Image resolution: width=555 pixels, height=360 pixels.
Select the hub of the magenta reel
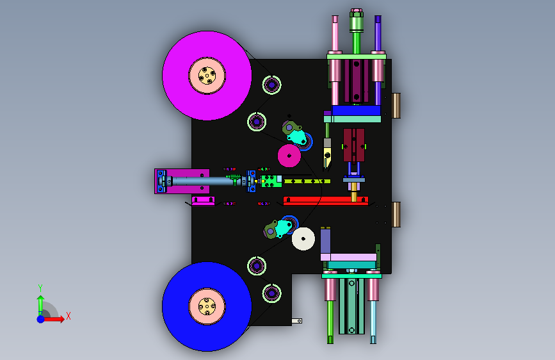coord(207,76)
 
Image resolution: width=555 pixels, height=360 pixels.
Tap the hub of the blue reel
coord(207,306)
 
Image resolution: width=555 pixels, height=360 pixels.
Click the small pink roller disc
coord(289,156)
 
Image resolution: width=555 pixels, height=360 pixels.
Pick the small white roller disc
coord(303,239)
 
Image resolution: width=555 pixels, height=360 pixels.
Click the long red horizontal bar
coord(326,200)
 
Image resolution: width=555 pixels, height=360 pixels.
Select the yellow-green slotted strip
coord(307,181)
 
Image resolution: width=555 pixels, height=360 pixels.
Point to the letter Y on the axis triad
coord(40,288)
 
